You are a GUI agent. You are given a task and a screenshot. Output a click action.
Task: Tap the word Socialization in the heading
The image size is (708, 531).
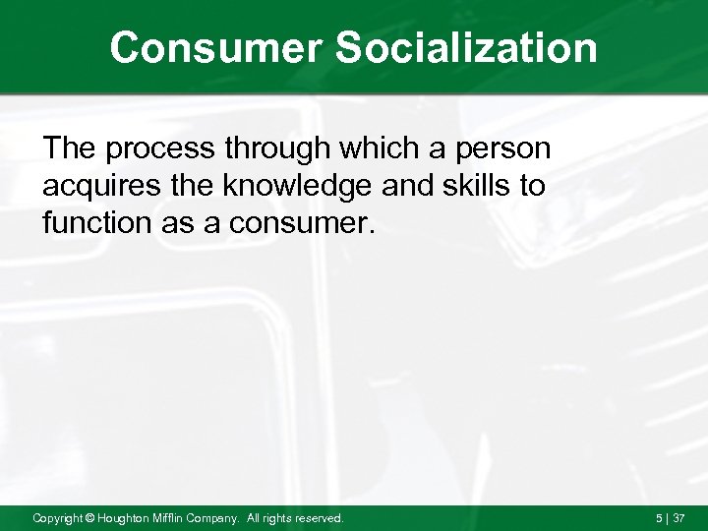pyautogui.click(x=467, y=47)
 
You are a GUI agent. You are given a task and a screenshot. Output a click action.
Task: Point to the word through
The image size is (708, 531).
pyautogui.click(x=278, y=149)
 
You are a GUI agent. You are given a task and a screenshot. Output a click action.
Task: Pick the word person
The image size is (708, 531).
pyautogui.click(x=505, y=149)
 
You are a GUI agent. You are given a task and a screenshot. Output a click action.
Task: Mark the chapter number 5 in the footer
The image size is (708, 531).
pyautogui.click(x=659, y=517)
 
